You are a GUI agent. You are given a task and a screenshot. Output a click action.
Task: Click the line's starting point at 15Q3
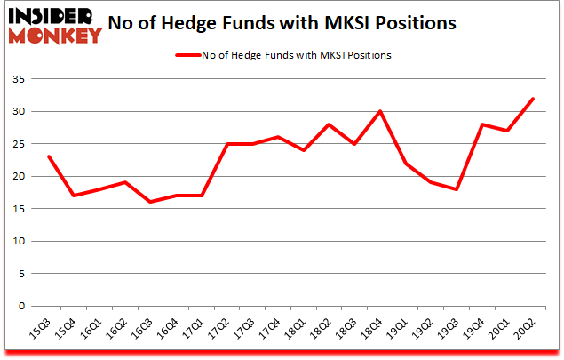pos(51,156)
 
